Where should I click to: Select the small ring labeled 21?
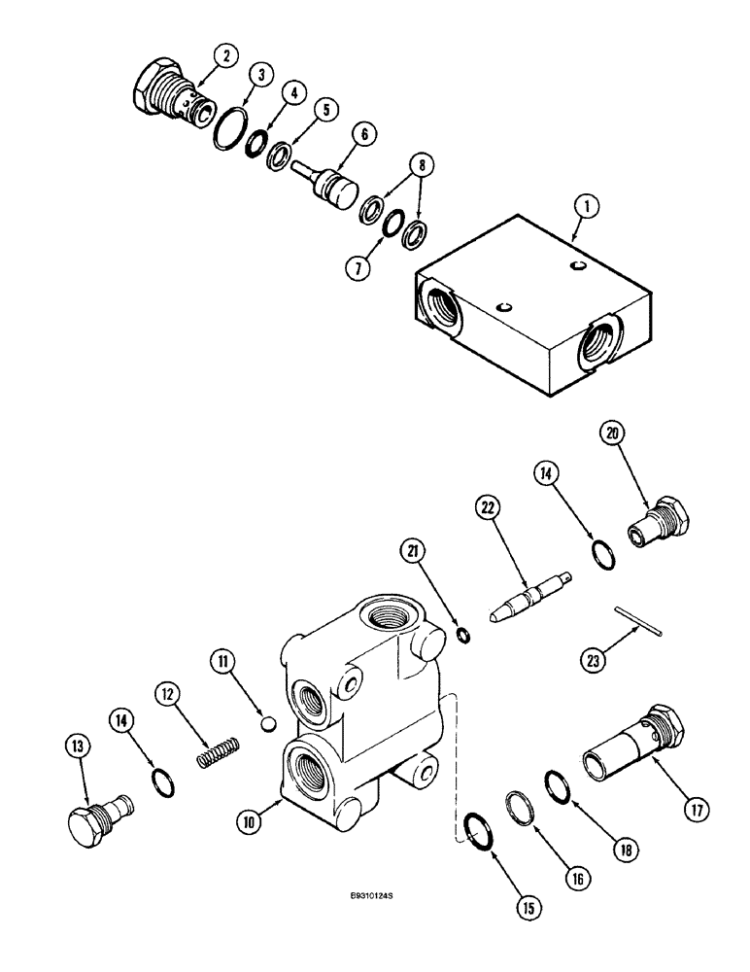[x=464, y=636]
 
